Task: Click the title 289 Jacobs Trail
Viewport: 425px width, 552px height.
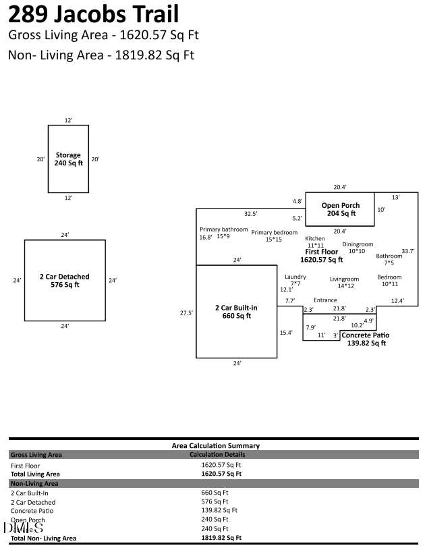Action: [x=94, y=14]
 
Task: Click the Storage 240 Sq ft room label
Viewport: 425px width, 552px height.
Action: [x=68, y=159]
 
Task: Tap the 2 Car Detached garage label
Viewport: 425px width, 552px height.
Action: [x=65, y=281]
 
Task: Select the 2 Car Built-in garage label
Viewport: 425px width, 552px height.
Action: [x=236, y=312]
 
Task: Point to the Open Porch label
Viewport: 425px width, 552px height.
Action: [x=340, y=209]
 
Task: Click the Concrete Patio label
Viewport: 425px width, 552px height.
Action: [x=365, y=339]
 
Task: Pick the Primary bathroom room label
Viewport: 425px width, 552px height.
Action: [x=219, y=233]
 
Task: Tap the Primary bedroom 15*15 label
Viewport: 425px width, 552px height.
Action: [x=274, y=236]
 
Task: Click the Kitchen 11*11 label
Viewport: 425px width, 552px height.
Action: [x=315, y=242]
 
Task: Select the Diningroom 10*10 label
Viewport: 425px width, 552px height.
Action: [x=357, y=248]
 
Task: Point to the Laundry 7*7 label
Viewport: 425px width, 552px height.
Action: [x=295, y=280]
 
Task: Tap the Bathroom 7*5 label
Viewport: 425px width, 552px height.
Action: [x=389, y=259]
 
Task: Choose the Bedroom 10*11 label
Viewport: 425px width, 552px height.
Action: [x=389, y=280]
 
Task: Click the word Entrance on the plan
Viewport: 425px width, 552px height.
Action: [x=325, y=300]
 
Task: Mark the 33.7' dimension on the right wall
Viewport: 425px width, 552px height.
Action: [x=407, y=251]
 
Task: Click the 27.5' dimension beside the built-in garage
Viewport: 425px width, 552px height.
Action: [x=186, y=312]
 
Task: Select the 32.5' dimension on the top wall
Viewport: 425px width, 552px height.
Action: [x=250, y=214]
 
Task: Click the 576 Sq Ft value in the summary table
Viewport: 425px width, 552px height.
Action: [x=215, y=502]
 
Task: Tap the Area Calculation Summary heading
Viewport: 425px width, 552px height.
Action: [x=215, y=445]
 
